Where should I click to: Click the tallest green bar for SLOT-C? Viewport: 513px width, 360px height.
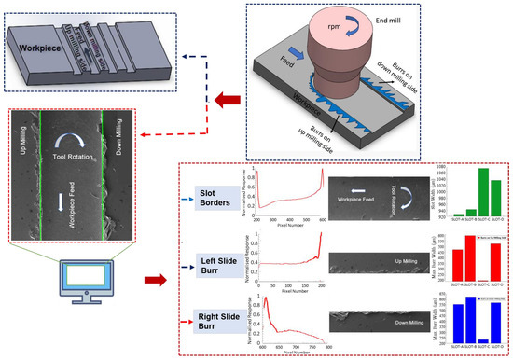coord(484,192)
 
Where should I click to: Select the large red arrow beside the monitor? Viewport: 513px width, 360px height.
coord(155,278)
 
